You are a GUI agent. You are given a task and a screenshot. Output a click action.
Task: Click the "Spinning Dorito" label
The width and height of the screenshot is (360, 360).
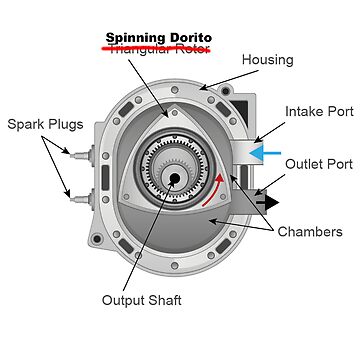click(157, 36)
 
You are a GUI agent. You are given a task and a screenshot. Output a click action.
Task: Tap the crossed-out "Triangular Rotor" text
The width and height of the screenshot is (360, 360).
click(157, 49)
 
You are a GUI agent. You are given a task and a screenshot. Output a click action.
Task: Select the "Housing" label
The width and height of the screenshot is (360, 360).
click(267, 60)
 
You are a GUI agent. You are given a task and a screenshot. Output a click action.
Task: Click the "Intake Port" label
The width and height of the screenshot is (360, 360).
click(315, 111)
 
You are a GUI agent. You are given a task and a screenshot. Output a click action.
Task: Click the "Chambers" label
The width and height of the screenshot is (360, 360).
click(311, 232)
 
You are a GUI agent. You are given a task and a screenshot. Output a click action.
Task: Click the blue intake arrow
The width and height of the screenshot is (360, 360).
click(264, 153)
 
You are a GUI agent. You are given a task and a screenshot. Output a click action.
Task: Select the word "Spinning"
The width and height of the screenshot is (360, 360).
click(135, 37)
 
